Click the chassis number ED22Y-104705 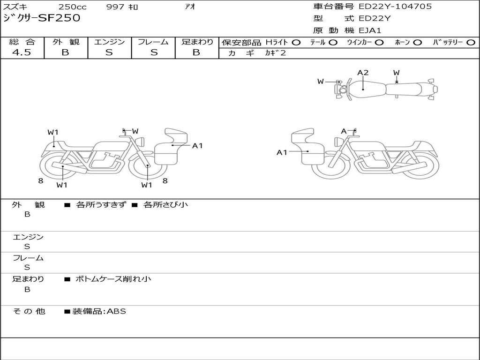tap(395, 7)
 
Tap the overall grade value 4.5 tap(22, 52)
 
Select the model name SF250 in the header tap(59, 18)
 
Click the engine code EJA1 tap(370, 30)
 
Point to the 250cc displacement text tap(73, 7)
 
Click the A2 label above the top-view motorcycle tap(363, 73)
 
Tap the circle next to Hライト tap(296, 43)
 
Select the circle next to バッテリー tap(471, 43)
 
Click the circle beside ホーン tap(417, 43)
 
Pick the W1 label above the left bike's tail tap(52, 132)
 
